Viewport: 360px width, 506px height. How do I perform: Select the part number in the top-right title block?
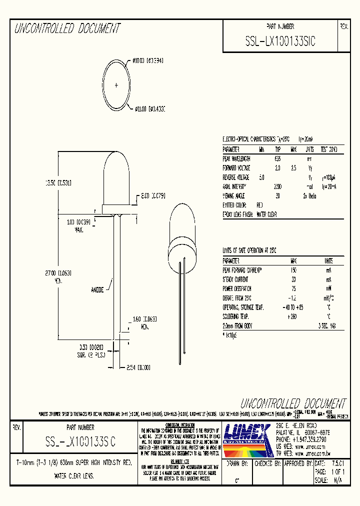(280, 41)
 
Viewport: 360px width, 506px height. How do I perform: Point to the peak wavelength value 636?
(278, 158)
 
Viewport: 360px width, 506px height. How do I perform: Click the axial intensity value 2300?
(278, 186)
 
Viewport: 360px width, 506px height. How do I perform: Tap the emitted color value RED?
(259, 205)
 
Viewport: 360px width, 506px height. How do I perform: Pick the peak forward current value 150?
(293, 270)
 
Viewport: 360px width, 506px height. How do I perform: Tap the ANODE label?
(97, 289)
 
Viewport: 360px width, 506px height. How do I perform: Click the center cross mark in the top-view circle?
(116, 85)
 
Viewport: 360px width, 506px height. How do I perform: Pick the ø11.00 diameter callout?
(149, 108)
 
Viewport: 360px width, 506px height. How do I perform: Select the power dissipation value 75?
(293, 288)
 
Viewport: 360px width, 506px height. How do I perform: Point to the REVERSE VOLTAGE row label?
(236, 177)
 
